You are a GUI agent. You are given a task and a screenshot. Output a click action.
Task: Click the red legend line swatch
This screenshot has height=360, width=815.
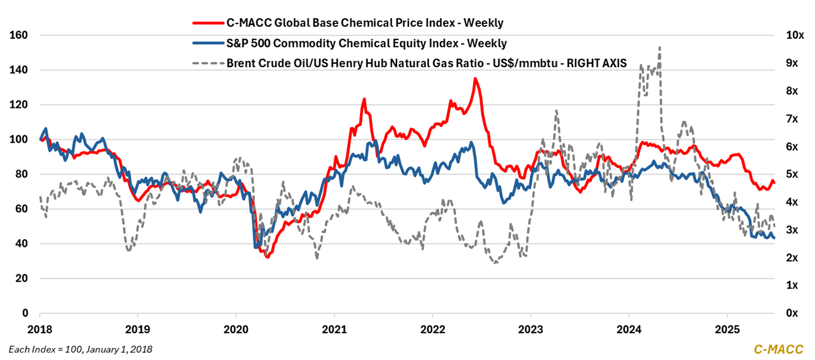pyautogui.click(x=207, y=23)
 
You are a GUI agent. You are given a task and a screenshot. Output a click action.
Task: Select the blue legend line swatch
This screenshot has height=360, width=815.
pyautogui.click(x=207, y=43)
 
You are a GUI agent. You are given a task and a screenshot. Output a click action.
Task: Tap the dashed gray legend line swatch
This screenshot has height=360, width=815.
pyautogui.click(x=207, y=63)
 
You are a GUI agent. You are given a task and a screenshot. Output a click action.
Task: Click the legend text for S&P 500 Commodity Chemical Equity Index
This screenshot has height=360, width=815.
pyautogui.click(x=367, y=43)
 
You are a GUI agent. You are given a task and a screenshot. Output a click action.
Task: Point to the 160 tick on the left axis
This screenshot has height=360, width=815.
pyautogui.click(x=21, y=35)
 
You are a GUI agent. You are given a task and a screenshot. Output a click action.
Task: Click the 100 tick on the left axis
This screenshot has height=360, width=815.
pyautogui.click(x=21, y=140)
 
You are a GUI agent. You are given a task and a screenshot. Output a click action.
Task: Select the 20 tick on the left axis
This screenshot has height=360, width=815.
pyautogui.click(x=23, y=278)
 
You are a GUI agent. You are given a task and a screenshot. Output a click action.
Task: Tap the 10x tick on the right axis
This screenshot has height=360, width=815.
pyautogui.click(x=794, y=35)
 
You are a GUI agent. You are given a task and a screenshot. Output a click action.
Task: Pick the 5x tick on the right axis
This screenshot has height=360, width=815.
pyautogui.click(x=793, y=174)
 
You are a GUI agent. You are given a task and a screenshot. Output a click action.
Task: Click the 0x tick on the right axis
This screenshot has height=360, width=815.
pyautogui.click(x=793, y=313)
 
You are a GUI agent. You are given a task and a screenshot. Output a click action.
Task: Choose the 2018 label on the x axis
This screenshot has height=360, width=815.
pyautogui.click(x=40, y=330)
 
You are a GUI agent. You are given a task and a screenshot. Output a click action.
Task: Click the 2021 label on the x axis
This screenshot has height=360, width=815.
pyautogui.click(x=334, y=330)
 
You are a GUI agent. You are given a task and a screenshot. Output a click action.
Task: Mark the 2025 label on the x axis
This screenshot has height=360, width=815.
pyautogui.click(x=727, y=330)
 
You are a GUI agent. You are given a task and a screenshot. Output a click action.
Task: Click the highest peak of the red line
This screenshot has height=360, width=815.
pyautogui.click(x=475, y=79)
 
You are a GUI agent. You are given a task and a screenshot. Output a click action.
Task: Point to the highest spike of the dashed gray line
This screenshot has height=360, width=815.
pyautogui.click(x=660, y=47)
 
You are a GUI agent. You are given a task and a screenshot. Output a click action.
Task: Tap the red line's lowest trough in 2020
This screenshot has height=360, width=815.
pyautogui.click(x=267, y=257)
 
